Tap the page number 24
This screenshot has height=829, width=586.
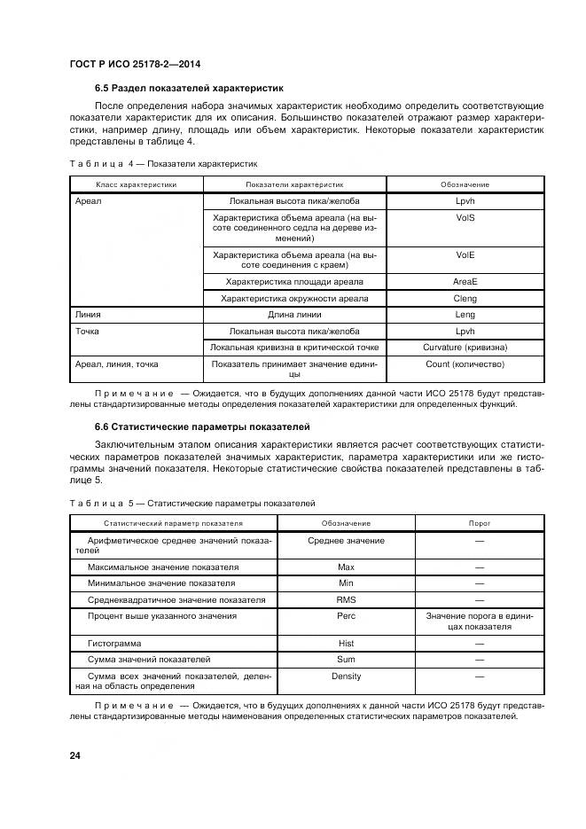(74, 755)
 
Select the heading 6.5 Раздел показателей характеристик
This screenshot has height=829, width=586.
(188, 89)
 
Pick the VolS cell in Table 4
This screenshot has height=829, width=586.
(465, 216)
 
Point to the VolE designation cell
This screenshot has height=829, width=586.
(465, 254)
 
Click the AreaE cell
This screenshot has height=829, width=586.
(465, 282)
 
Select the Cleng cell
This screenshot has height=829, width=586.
(465, 298)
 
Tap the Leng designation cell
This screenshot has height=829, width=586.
(465, 314)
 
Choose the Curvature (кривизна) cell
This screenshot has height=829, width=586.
(465, 347)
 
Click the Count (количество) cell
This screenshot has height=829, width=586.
(465, 364)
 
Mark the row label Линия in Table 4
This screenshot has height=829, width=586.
(88, 314)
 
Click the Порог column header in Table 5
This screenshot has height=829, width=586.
(480, 523)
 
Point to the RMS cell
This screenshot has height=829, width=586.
(347, 599)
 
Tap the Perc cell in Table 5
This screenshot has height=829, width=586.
(347, 615)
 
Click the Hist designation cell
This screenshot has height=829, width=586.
(347, 643)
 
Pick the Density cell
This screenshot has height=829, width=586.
(347, 676)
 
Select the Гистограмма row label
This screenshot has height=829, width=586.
(114, 643)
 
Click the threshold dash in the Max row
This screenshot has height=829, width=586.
(480, 567)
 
